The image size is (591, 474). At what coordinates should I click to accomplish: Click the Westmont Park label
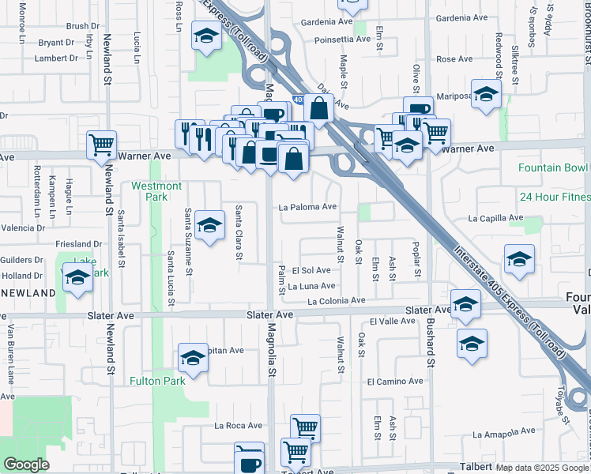[x=156, y=191]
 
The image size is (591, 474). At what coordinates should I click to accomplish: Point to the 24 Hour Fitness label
[x=555, y=197]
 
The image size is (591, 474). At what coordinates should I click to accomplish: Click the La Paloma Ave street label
[x=308, y=207]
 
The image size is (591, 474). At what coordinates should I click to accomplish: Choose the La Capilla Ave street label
[x=496, y=217]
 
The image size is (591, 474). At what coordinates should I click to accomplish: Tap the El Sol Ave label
[x=311, y=270]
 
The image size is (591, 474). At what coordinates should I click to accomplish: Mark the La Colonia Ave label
[x=337, y=301]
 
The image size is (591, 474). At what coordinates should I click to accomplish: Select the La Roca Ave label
[x=238, y=425]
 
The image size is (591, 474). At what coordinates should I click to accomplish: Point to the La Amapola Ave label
[x=503, y=434]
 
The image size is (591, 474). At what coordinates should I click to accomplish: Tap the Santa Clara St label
[x=238, y=232]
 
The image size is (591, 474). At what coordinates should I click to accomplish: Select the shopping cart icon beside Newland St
[x=101, y=145]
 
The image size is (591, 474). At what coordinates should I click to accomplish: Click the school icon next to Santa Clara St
[x=209, y=226]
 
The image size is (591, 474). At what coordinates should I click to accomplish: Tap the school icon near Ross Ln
[x=206, y=37]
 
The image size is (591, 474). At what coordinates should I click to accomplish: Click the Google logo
[x=26, y=465]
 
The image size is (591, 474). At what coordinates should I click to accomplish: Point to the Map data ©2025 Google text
[x=542, y=468]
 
